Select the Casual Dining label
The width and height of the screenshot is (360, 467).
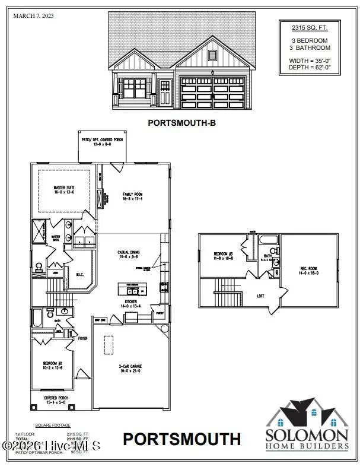[x=128, y=255]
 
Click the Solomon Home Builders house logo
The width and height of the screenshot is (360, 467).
[x=307, y=415]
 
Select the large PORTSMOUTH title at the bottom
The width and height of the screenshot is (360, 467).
[x=182, y=440]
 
